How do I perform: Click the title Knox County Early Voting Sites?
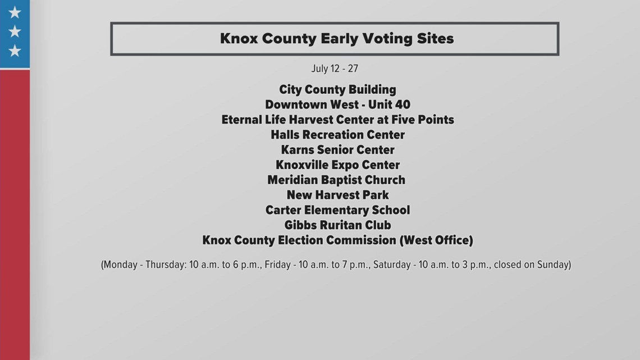pyautogui.click(x=337, y=39)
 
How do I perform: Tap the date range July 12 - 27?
pyautogui.click(x=335, y=69)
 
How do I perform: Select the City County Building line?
pyautogui.click(x=337, y=89)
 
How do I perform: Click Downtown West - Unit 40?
pyautogui.click(x=337, y=104)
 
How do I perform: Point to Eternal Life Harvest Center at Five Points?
pyautogui.click(x=337, y=120)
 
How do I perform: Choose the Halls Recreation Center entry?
pyautogui.click(x=337, y=135)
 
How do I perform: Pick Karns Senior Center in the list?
pyautogui.click(x=337, y=150)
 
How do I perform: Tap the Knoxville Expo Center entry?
pyautogui.click(x=337, y=165)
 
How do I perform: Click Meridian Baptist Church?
pyautogui.click(x=336, y=180)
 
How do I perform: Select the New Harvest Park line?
pyautogui.click(x=337, y=195)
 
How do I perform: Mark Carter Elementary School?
pyautogui.click(x=337, y=210)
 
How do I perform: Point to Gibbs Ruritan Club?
pyautogui.click(x=337, y=225)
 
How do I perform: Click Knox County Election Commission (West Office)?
pyautogui.click(x=337, y=240)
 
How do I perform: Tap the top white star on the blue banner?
pyautogui.click(x=15, y=12)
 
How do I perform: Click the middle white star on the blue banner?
pyautogui.click(x=15, y=31)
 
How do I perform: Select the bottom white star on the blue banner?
pyautogui.click(x=15, y=51)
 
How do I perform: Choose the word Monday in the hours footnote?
pyautogui.click(x=121, y=265)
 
